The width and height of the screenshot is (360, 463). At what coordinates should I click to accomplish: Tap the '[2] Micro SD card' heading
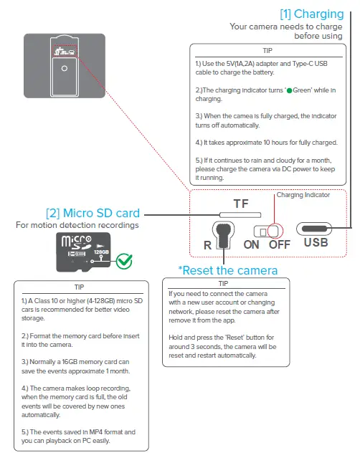pos(93,213)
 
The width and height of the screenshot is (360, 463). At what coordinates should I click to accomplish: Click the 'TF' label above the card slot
pos(241,204)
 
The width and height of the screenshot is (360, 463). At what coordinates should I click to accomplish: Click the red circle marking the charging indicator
pos(274,229)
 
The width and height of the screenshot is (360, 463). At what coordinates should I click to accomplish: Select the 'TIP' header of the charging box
pos(267,52)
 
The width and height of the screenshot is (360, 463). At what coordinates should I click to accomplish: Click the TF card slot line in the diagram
pos(241,214)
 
